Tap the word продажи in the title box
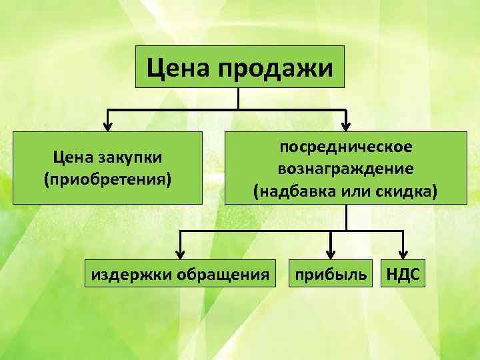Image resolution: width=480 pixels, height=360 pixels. (x=274, y=67)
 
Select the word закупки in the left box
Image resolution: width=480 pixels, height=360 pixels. (x=133, y=158)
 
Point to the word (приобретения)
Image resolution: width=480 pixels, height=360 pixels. (x=108, y=179)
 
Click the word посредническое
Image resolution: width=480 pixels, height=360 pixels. (x=345, y=146)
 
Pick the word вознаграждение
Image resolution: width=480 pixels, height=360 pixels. (x=345, y=169)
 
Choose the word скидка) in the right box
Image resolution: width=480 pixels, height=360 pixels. (x=405, y=192)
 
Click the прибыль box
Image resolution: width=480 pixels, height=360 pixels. (x=330, y=274)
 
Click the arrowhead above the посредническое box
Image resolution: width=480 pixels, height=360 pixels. (x=346, y=123)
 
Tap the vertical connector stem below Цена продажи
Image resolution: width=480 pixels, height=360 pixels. (x=238, y=98)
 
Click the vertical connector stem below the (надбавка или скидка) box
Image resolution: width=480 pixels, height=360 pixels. (x=346, y=217)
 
